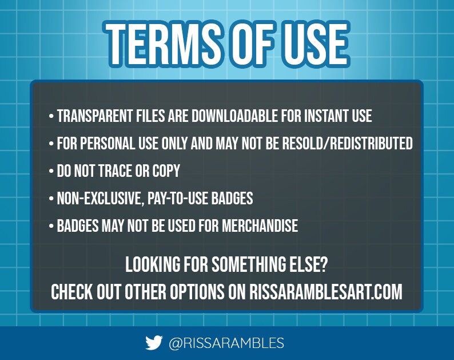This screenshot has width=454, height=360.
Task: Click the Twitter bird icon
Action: pos(153,343)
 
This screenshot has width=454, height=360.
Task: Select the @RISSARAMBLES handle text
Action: pos(226,343)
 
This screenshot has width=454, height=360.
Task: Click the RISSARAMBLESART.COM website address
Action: pos(326,292)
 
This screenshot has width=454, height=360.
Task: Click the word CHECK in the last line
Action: pos(72,292)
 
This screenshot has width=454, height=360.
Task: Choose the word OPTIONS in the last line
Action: pos(197,292)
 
